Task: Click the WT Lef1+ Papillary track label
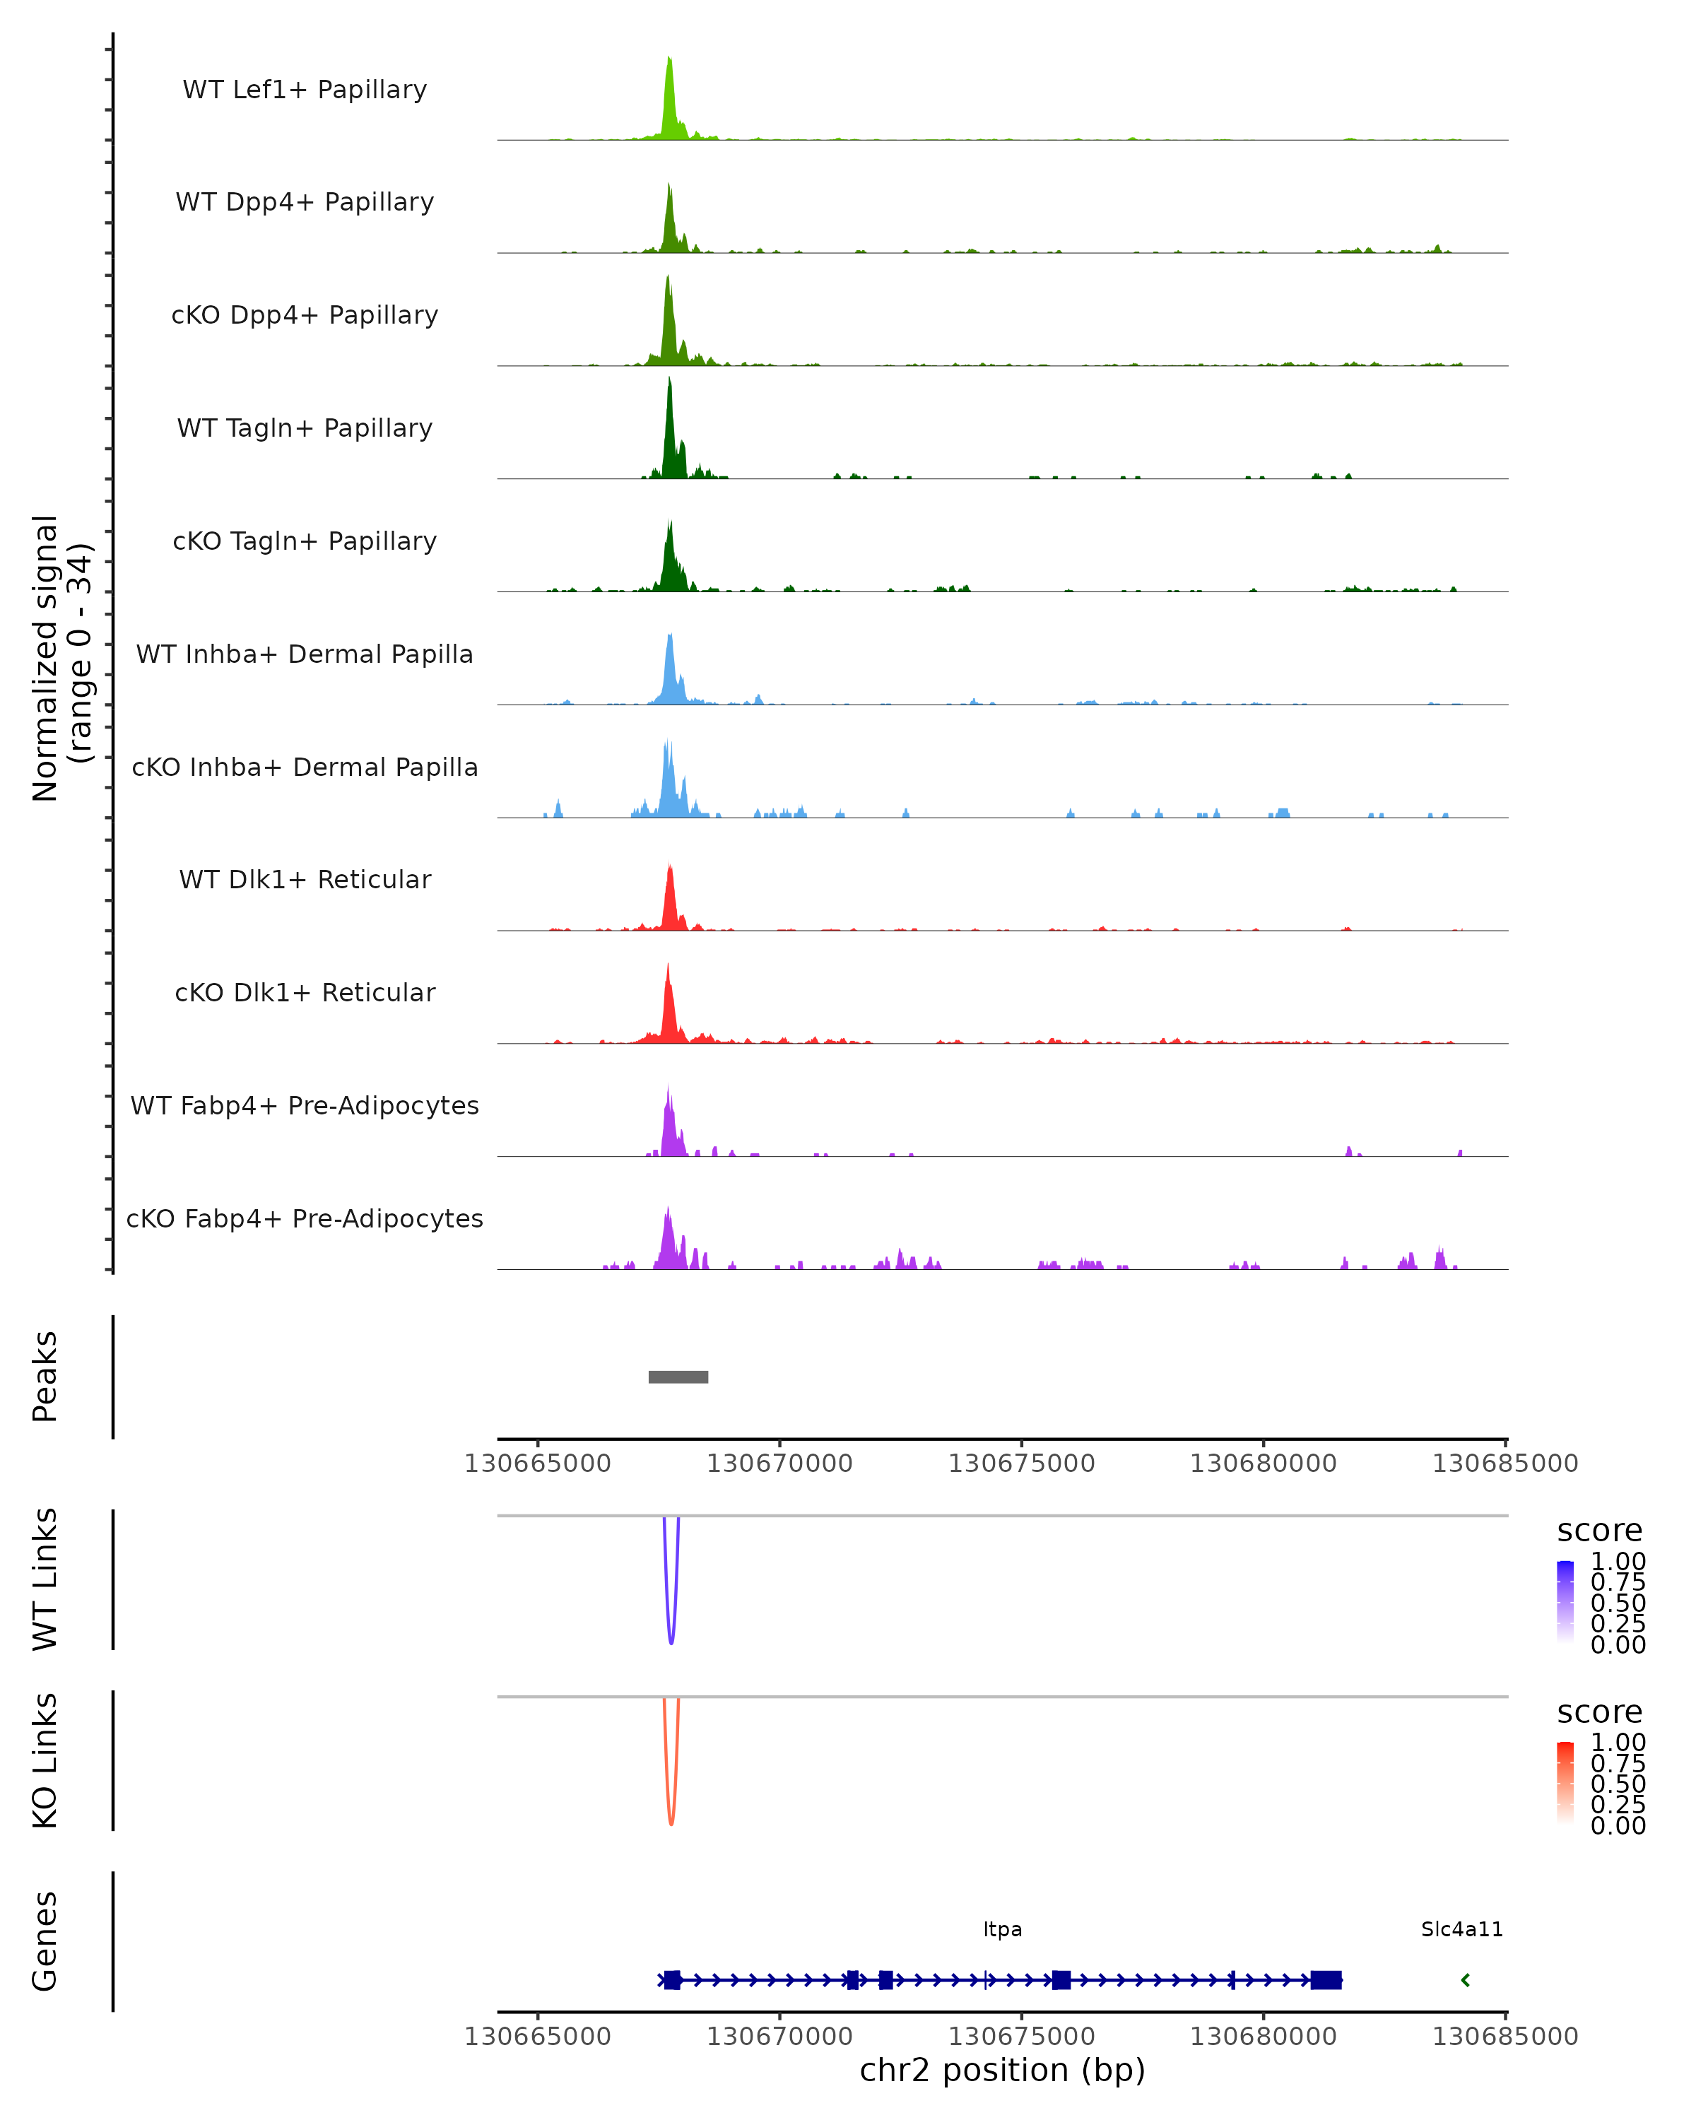(x=305, y=90)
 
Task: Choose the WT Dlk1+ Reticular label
(x=305, y=879)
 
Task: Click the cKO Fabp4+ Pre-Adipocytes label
(x=305, y=1218)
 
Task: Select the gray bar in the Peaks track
(x=678, y=1377)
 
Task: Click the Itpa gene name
(x=1002, y=1929)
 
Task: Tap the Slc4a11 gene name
(x=1461, y=1929)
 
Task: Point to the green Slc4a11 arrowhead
(x=1465, y=1979)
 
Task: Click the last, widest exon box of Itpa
(x=1325, y=1979)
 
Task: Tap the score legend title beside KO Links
(x=1598, y=1712)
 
